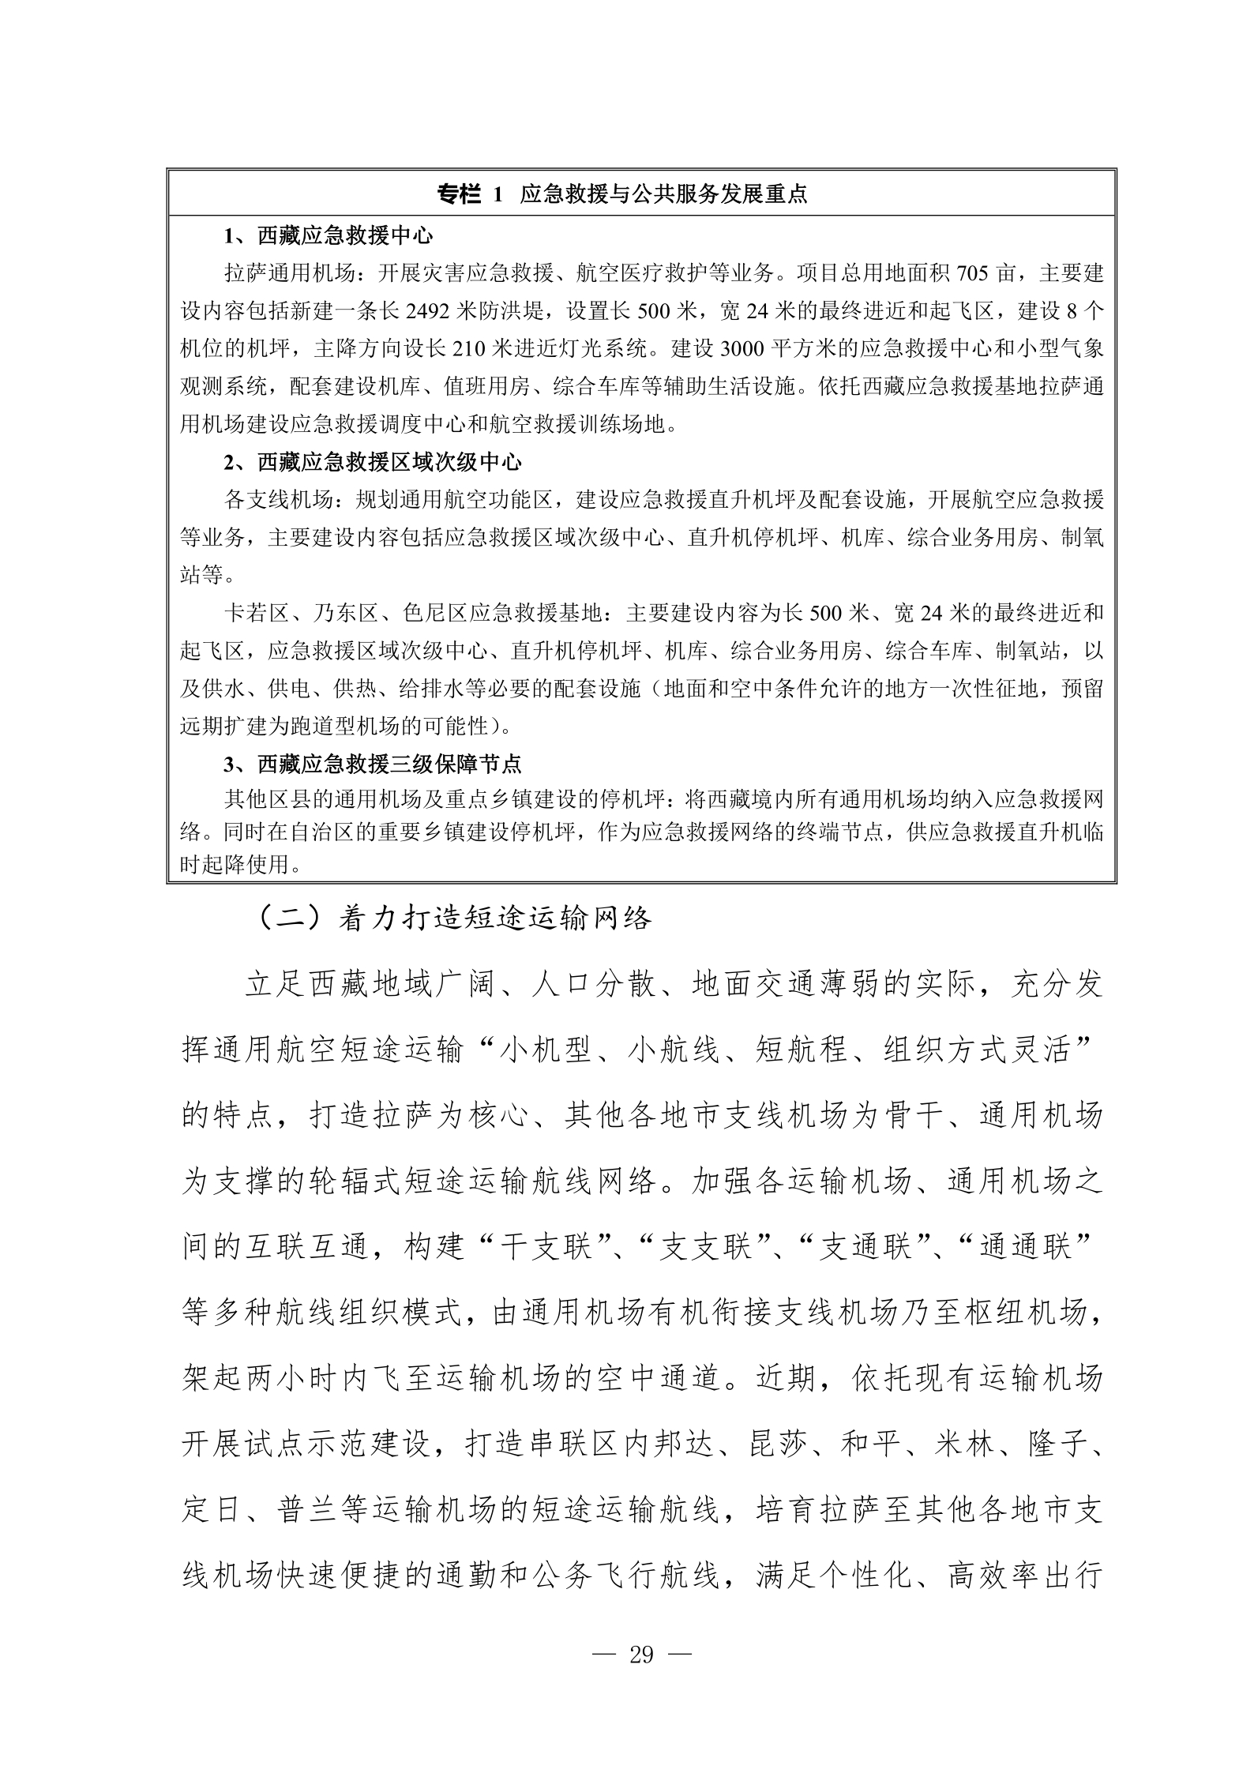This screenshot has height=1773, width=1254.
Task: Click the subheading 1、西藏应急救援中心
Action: (329, 236)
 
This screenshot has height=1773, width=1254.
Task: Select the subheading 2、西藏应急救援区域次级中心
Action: (373, 463)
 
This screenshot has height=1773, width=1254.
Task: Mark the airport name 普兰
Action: (309, 1510)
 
